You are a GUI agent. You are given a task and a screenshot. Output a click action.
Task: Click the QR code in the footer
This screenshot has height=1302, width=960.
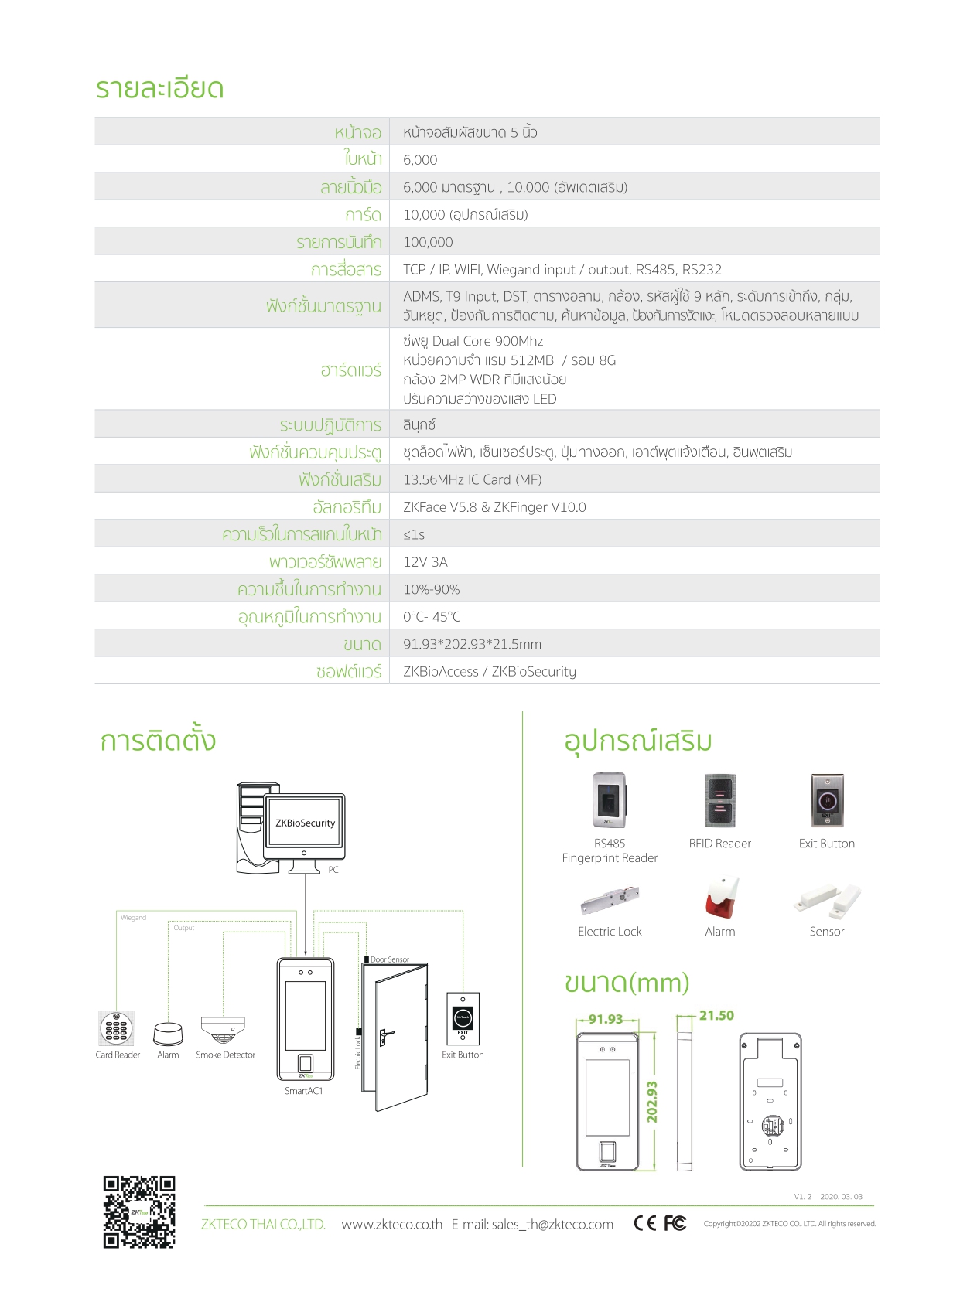[139, 1212]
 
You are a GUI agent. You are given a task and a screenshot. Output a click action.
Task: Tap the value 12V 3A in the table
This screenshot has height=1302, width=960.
[425, 562]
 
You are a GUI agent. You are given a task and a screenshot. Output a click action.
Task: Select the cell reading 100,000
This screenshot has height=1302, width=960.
[428, 242]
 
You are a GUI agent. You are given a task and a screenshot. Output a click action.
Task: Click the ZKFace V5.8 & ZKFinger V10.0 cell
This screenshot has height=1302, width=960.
[494, 507]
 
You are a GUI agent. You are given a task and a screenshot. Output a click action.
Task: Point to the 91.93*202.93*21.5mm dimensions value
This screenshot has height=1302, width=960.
[472, 644]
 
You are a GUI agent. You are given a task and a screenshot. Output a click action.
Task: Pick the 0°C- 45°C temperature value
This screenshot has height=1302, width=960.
[432, 617]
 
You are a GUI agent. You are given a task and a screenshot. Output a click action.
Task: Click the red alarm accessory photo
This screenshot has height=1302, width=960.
[721, 898]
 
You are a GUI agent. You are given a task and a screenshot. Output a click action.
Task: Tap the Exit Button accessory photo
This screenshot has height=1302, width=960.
[827, 801]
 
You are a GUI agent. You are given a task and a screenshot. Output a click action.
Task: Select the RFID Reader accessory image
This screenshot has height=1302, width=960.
[720, 801]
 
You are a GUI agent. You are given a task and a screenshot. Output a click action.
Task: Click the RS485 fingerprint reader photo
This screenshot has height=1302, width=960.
[610, 801]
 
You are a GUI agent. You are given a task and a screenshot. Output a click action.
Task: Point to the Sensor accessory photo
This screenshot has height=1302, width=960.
[826, 900]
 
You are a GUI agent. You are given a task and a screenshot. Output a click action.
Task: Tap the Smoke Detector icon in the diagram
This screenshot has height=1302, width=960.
[223, 1029]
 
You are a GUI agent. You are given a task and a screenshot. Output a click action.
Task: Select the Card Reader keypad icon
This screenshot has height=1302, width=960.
[116, 1028]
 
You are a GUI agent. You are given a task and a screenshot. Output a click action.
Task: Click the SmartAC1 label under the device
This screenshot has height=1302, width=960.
[303, 1091]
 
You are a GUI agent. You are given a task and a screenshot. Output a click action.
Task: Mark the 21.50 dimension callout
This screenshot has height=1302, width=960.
[716, 1015]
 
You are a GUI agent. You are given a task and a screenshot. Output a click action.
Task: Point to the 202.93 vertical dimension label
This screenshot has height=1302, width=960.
[652, 1101]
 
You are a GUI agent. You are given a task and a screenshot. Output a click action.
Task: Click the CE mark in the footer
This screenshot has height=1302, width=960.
[644, 1222]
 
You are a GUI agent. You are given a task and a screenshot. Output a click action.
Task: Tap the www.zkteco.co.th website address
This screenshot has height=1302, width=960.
[391, 1224]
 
